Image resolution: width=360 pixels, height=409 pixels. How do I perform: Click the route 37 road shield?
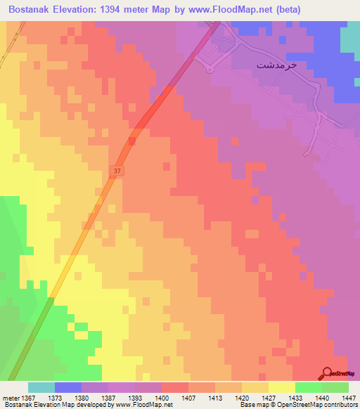[x=116, y=171]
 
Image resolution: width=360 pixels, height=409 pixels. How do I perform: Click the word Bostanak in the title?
[x=33, y=9]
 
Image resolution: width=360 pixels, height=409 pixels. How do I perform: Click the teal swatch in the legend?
[x=41, y=387]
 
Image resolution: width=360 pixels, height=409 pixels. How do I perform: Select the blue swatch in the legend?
[x=67, y=387]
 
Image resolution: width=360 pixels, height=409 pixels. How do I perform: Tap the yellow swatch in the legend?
[x=281, y=387]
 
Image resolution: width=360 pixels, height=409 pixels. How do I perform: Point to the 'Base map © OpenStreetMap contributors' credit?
[x=296, y=405]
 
